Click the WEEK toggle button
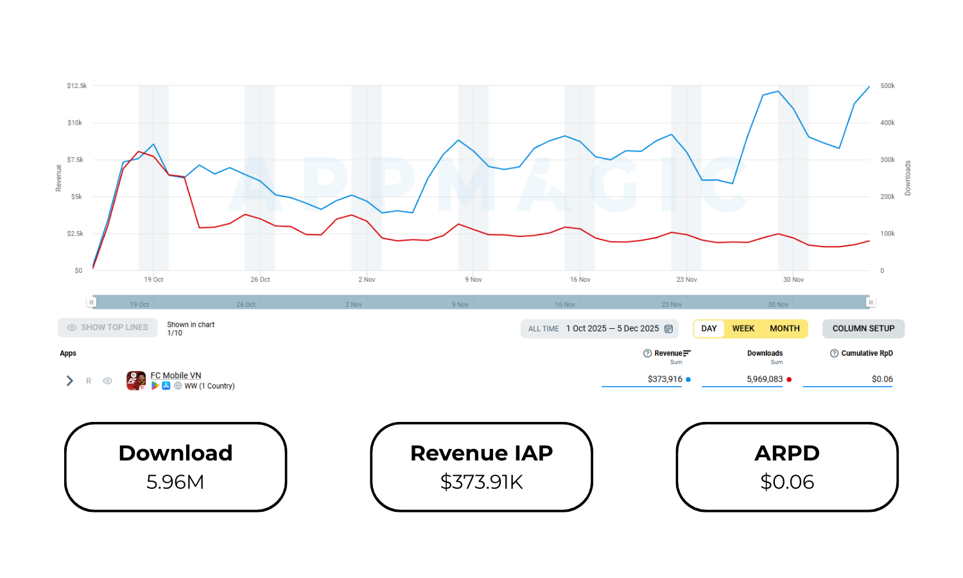(x=743, y=328)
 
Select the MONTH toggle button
(x=785, y=328)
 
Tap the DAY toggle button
(x=709, y=328)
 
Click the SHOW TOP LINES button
(x=107, y=328)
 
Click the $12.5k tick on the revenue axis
(x=76, y=85)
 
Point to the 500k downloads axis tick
(x=887, y=85)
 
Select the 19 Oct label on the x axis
(x=153, y=279)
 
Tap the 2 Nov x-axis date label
(x=367, y=279)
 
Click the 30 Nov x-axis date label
(x=793, y=279)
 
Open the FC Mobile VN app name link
(x=175, y=376)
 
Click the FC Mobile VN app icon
(x=136, y=380)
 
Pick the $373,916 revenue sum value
(x=664, y=379)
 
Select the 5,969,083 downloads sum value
(x=764, y=379)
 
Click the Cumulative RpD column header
(x=867, y=353)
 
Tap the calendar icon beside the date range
(x=668, y=329)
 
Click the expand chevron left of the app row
(x=69, y=381)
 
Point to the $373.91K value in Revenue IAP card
(x=481, y=482)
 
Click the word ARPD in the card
(x=787, y=453)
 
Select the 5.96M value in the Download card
(x=175, y=482)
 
